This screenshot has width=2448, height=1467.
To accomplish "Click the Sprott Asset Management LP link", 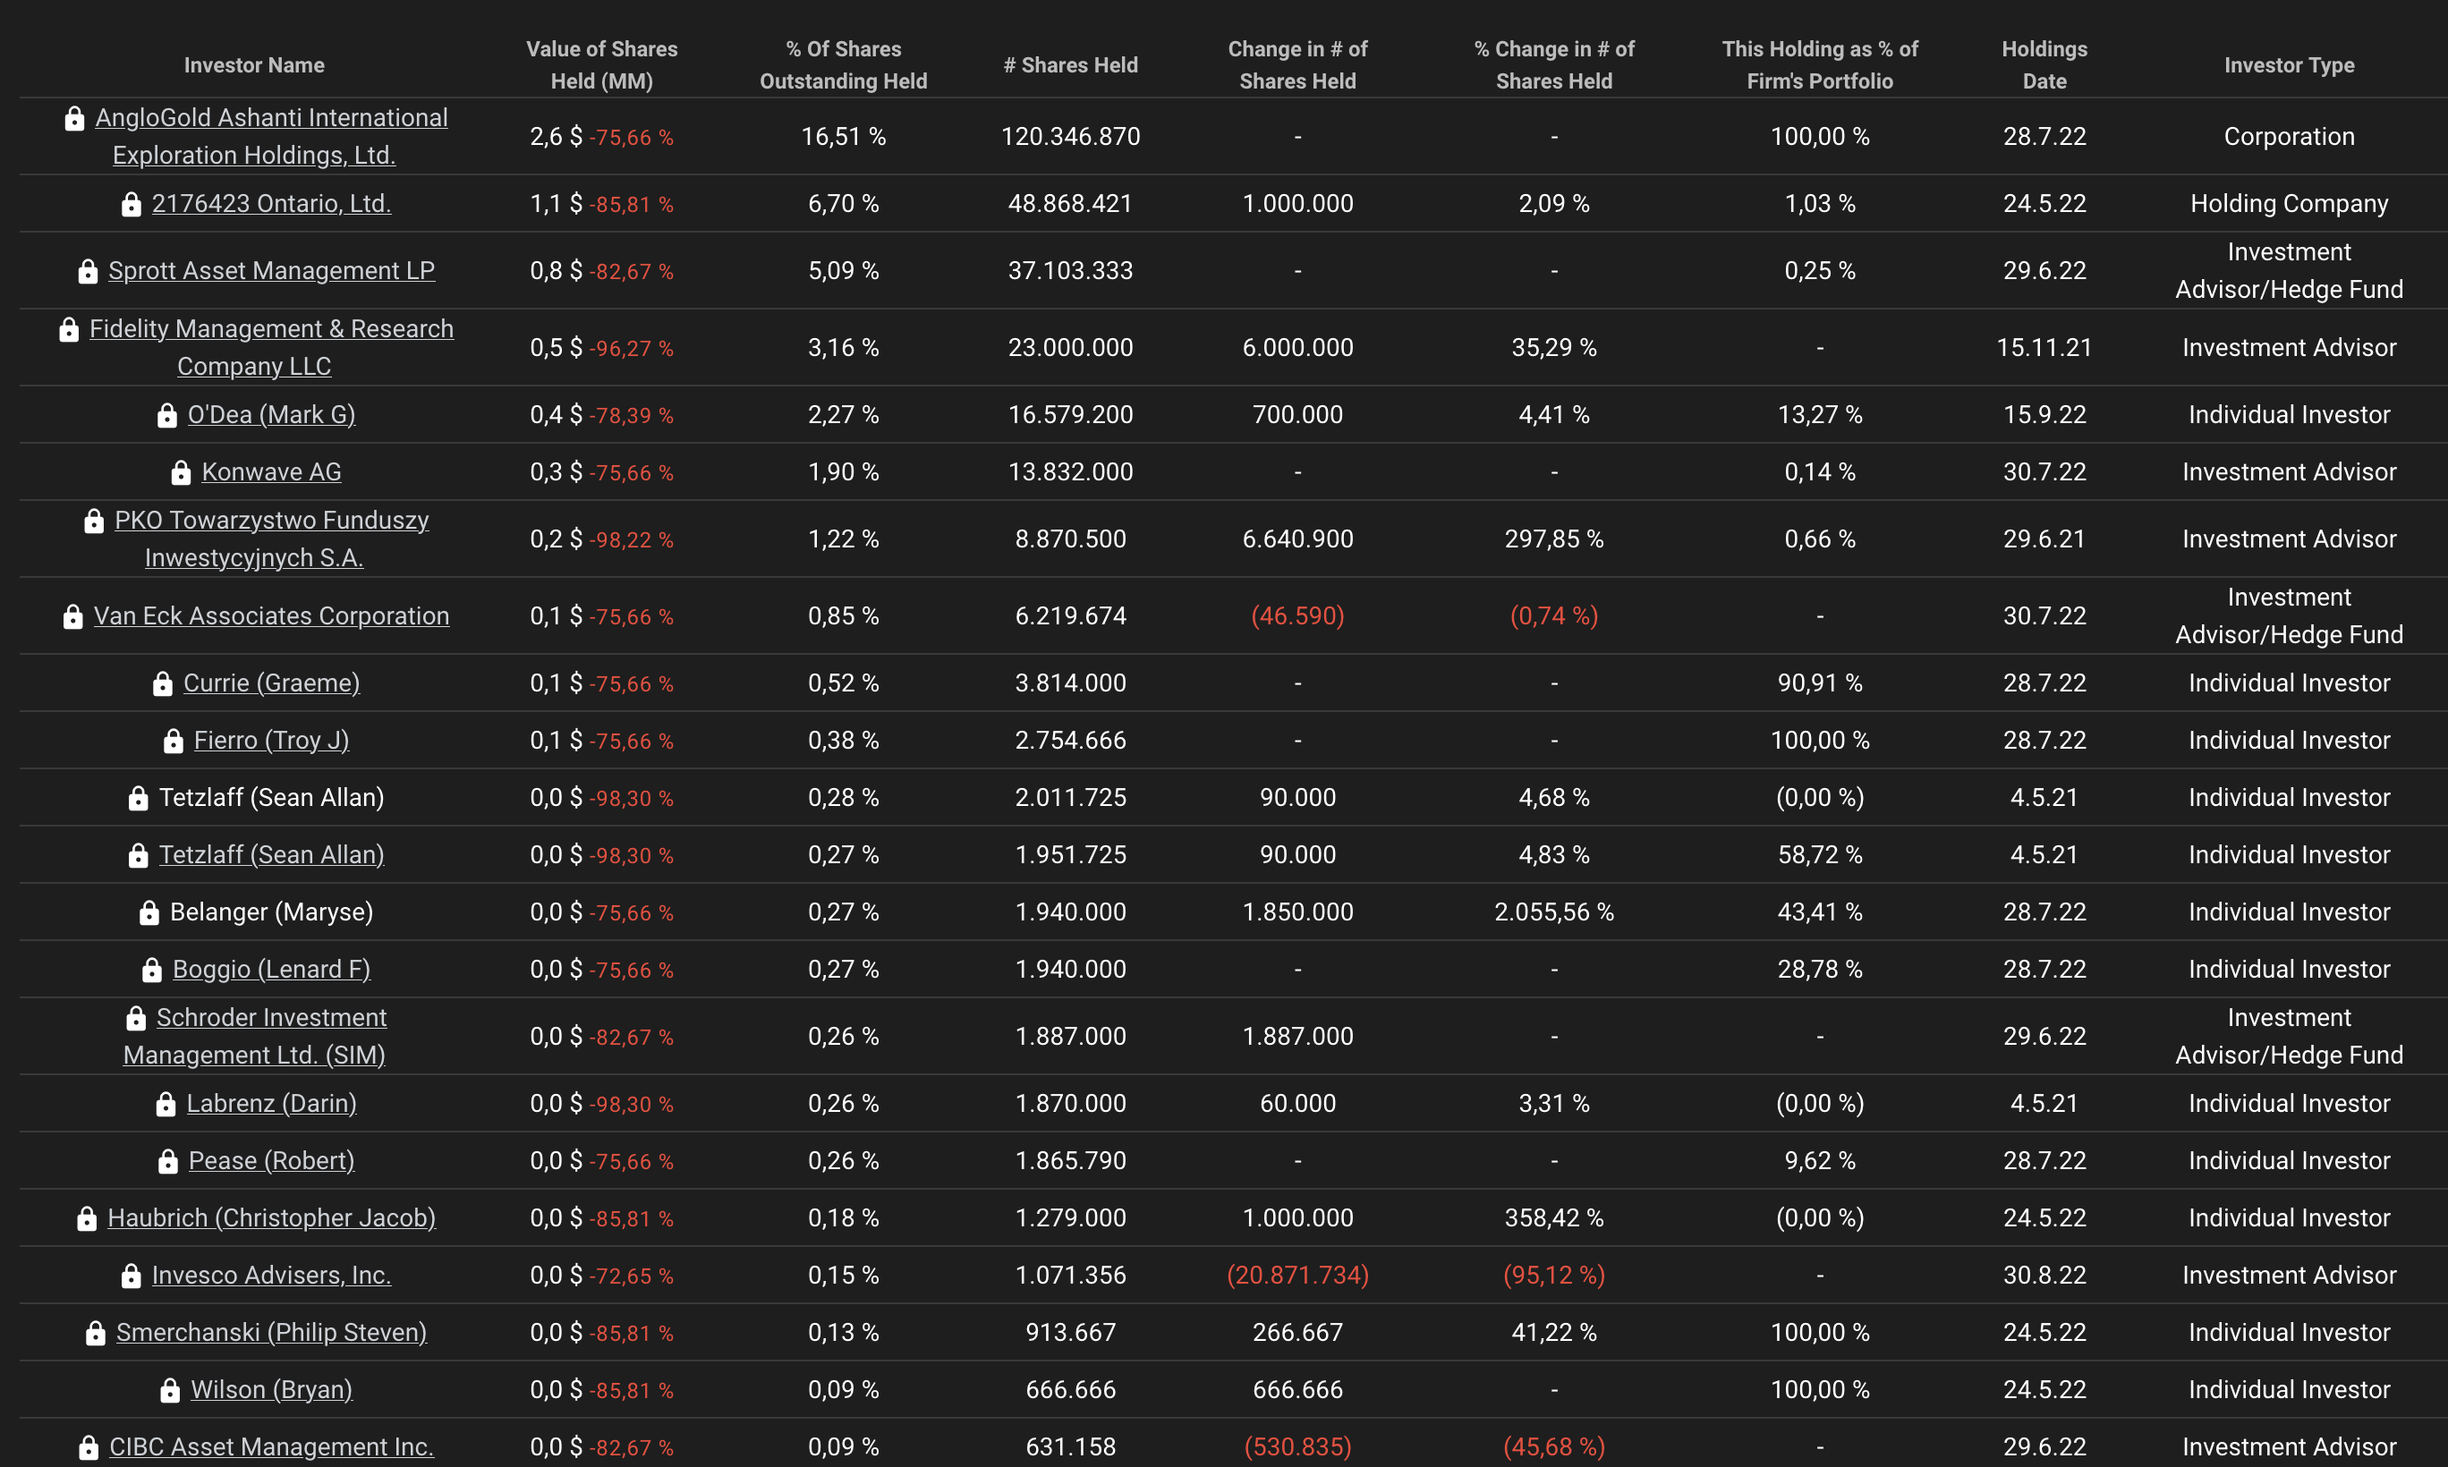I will (271, 271).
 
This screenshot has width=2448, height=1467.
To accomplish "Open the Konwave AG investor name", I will (271, 472).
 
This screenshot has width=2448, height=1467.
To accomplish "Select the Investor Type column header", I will (2288, 65).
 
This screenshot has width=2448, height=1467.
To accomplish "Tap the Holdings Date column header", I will (2044, 65).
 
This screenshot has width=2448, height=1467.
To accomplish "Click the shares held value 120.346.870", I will (1070, 137).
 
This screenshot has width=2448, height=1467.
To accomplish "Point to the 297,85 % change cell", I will (1553, 538).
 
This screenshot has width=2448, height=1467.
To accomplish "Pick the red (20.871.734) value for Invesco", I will (1297, 1276).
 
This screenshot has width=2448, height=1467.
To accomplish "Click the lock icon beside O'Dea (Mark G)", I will (167, 415).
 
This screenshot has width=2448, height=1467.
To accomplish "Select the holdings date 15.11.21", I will (2044, 348).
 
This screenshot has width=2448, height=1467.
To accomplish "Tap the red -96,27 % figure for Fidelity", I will (631, 349).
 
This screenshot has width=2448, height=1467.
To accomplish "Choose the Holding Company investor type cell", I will (2288, 204).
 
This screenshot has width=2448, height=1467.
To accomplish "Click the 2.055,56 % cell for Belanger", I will (1553, 912).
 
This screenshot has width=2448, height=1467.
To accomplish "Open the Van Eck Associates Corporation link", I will (271, 615).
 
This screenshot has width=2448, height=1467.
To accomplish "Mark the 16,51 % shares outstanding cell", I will (844, 137).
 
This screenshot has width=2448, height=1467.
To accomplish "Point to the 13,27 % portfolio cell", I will (1819, 415).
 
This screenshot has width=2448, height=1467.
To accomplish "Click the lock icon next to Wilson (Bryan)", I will (170, 1391).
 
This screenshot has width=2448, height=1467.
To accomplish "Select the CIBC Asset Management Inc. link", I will (271, 1447).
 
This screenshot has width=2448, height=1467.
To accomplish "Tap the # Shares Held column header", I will (1070, 65).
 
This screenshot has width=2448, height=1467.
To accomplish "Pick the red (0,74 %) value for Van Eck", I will (1553, 615).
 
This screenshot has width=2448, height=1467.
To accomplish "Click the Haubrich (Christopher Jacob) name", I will (271, 1218).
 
